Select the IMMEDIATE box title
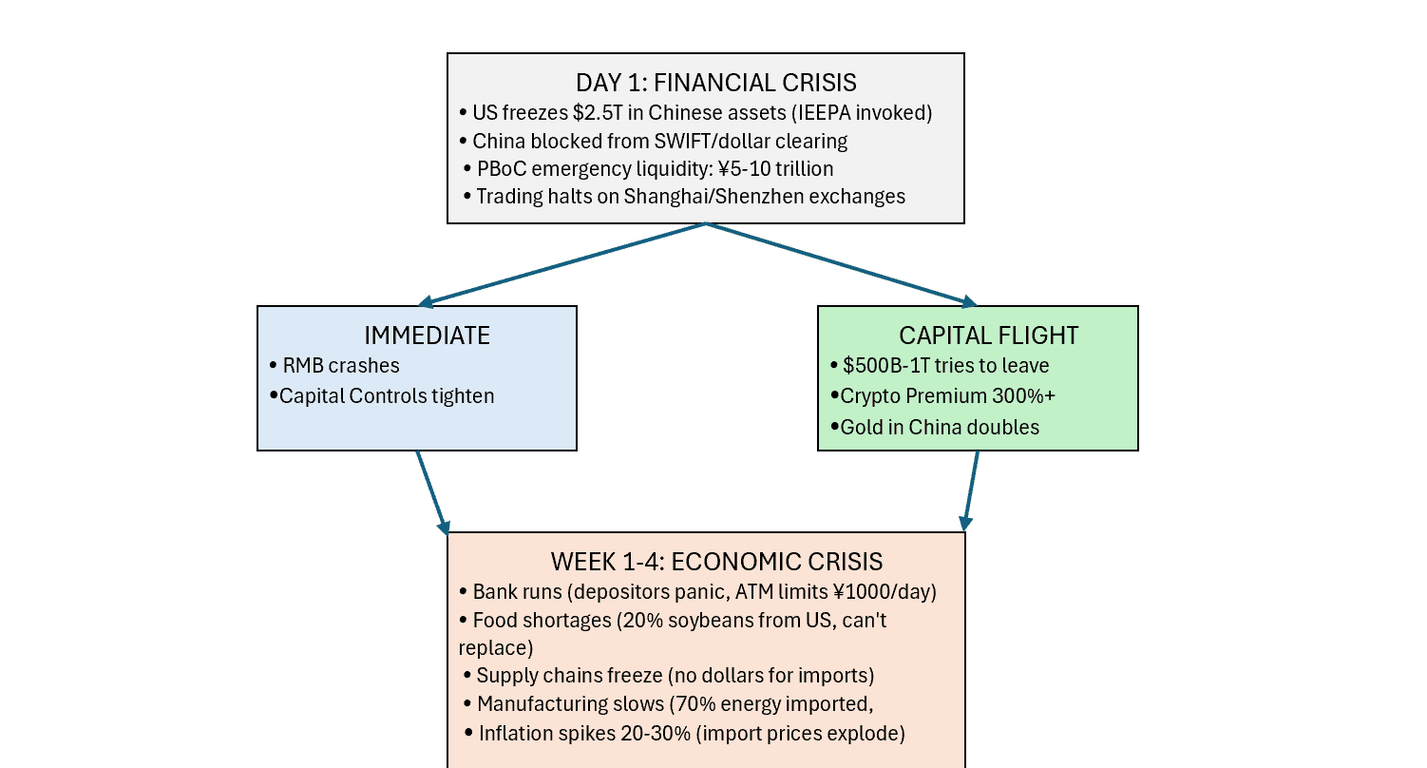pos(427,336)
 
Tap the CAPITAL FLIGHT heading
pos(988,336)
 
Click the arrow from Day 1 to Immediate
pos(562,264)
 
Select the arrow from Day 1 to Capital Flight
pos(842,264)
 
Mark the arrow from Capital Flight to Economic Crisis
pos(972,490)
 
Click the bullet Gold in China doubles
pos(939,427)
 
